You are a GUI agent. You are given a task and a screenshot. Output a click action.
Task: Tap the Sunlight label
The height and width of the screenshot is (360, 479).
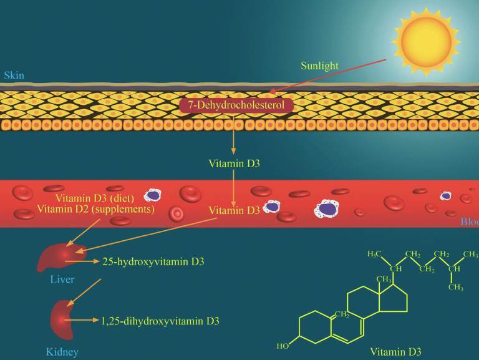(319, 66)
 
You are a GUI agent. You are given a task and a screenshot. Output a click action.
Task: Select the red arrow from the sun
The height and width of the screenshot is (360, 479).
(327, 76)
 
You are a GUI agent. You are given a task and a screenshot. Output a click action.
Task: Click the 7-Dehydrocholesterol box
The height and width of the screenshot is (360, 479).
(236, 105)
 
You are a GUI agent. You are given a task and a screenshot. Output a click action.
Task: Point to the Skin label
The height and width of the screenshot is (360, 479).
(14, 75)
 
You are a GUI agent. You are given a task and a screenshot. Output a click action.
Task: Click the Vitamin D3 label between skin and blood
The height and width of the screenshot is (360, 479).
(235, 163)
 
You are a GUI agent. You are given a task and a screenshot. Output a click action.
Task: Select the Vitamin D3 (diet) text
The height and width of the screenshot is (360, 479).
(95, 198)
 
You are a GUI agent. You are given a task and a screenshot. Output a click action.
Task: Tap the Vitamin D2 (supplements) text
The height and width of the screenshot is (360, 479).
(95, 209)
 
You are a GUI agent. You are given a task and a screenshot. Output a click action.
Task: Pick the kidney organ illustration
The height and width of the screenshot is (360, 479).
(62, 319)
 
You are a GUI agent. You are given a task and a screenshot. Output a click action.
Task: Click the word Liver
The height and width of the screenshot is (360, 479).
(62, 280)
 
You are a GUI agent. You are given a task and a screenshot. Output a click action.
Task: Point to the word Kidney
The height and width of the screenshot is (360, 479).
(62, 352)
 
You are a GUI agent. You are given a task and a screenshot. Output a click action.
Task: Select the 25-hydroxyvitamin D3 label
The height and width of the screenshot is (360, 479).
(153, 261)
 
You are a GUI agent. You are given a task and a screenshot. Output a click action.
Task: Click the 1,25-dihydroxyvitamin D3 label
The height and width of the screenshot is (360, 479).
(160, 321)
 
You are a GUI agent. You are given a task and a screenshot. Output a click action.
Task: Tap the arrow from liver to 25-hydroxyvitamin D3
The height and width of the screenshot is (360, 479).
(82, 261)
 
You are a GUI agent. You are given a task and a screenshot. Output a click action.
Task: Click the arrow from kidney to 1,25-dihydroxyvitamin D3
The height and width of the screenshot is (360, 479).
(82, 320)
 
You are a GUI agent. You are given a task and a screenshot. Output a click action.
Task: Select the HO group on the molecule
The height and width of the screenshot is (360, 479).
(283, 346)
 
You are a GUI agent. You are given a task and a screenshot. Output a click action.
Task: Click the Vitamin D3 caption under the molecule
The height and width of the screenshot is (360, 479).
(395, 352)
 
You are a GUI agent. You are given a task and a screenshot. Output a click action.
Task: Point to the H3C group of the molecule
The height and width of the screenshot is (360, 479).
(374, 254)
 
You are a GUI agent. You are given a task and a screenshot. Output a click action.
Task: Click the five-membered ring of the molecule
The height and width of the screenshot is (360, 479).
(394, 298)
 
